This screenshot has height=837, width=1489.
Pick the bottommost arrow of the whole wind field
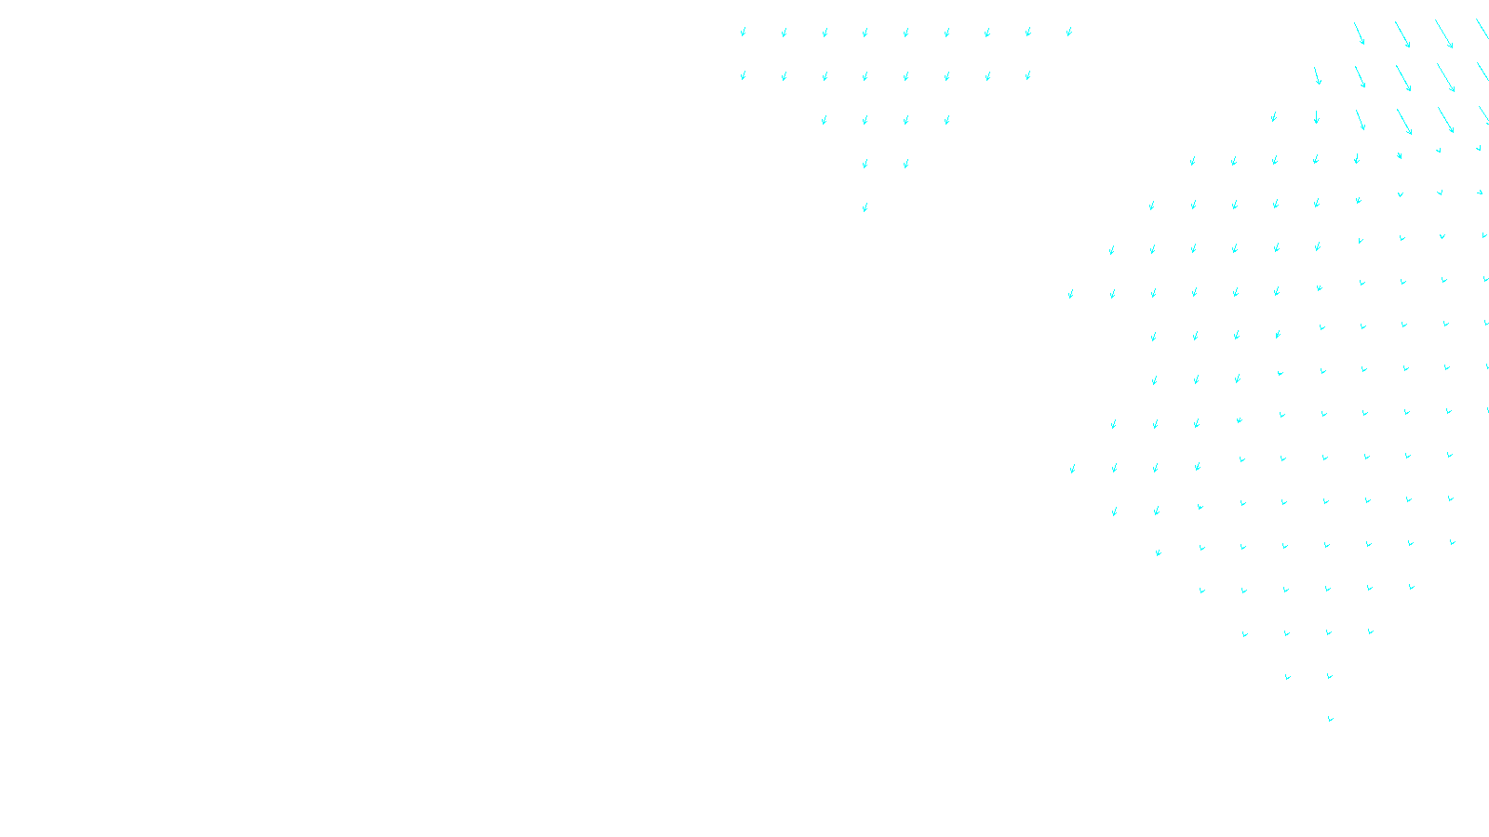tap(1331, 719)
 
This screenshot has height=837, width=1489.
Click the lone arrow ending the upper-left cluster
tap(865, 207)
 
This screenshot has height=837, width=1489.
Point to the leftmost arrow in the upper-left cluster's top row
tap(744, 33)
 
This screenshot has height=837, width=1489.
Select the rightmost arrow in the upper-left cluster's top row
tap(1069, 32)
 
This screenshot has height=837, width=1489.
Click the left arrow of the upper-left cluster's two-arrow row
tap(865, 164)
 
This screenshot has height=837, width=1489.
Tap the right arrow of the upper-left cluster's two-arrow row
tap(906, 164)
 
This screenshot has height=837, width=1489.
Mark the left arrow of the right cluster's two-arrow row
tap(1288, 677)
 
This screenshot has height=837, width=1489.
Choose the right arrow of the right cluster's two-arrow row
tap(1329, 676)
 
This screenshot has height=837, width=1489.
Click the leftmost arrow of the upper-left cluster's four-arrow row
tap(825, 120)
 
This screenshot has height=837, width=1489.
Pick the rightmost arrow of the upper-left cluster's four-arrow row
tap(947, 120)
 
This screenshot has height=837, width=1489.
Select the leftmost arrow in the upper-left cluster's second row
tap(744, 76)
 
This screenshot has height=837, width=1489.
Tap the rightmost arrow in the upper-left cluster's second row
tap(1028, 76)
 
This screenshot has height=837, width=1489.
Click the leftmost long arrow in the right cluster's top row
tap(1360, 33)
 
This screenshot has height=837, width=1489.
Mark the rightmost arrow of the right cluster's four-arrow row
tap(1370, 631)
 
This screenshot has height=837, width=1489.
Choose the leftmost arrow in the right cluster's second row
tap(1317, 75)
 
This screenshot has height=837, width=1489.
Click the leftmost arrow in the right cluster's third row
tap(1274, 117)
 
